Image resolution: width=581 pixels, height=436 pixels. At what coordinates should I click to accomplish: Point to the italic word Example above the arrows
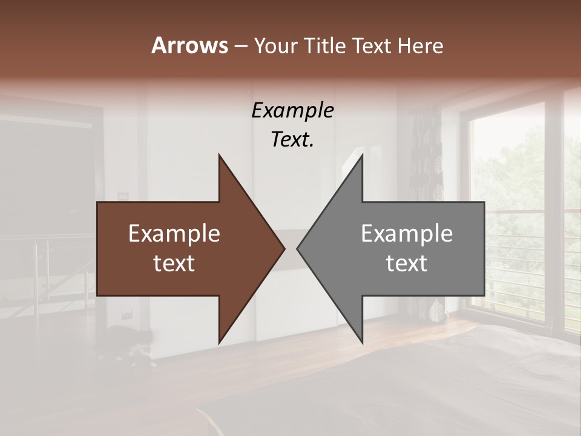[292, 110]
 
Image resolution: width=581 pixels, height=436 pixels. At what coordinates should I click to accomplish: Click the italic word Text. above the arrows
[292, 140]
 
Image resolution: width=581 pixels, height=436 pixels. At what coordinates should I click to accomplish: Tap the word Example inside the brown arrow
[174, 234]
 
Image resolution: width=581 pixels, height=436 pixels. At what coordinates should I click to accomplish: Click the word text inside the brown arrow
[174, 263]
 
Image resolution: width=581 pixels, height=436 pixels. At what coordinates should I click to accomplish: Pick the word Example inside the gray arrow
[407, 234]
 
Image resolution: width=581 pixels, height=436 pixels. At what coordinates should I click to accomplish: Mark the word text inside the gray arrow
[407, 263]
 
